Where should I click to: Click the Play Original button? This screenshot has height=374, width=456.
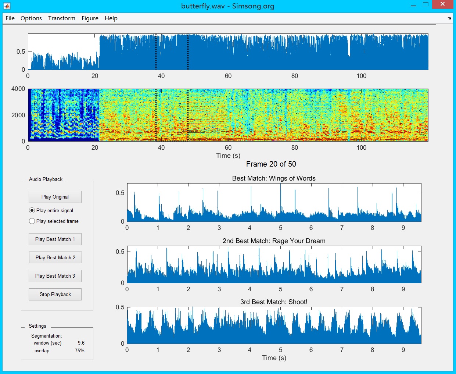coord(55,197)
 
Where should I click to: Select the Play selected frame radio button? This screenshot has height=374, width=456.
coord(32,221)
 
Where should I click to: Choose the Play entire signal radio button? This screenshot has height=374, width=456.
coord(32,210)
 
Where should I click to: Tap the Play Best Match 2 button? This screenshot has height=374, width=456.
coord(55,257)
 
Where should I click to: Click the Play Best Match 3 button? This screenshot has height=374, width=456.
coord(55,276)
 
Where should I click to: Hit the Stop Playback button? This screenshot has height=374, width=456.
coord(55,294)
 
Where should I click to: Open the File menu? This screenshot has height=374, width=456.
coord(10,18)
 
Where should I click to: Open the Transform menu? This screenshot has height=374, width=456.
coord(62,18)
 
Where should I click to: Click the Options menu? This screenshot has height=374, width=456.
coord(31,18)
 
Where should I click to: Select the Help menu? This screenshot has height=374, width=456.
coord(111,18)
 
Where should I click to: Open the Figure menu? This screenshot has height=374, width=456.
coord(90,18)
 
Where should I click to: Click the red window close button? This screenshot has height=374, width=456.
coord(442,4)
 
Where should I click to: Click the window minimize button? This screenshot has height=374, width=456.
coord(413,5)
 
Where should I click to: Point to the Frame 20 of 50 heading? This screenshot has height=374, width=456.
coord(271,164)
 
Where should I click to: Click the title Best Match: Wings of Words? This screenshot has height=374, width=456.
coord(274,178)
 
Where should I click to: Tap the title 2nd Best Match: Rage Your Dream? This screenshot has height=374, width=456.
coord(274,241)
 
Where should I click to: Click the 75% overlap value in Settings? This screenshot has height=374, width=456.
coord(80,350)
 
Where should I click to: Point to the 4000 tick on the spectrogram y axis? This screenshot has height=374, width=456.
coord(18,89)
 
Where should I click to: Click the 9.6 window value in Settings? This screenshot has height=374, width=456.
coord(81,343)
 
